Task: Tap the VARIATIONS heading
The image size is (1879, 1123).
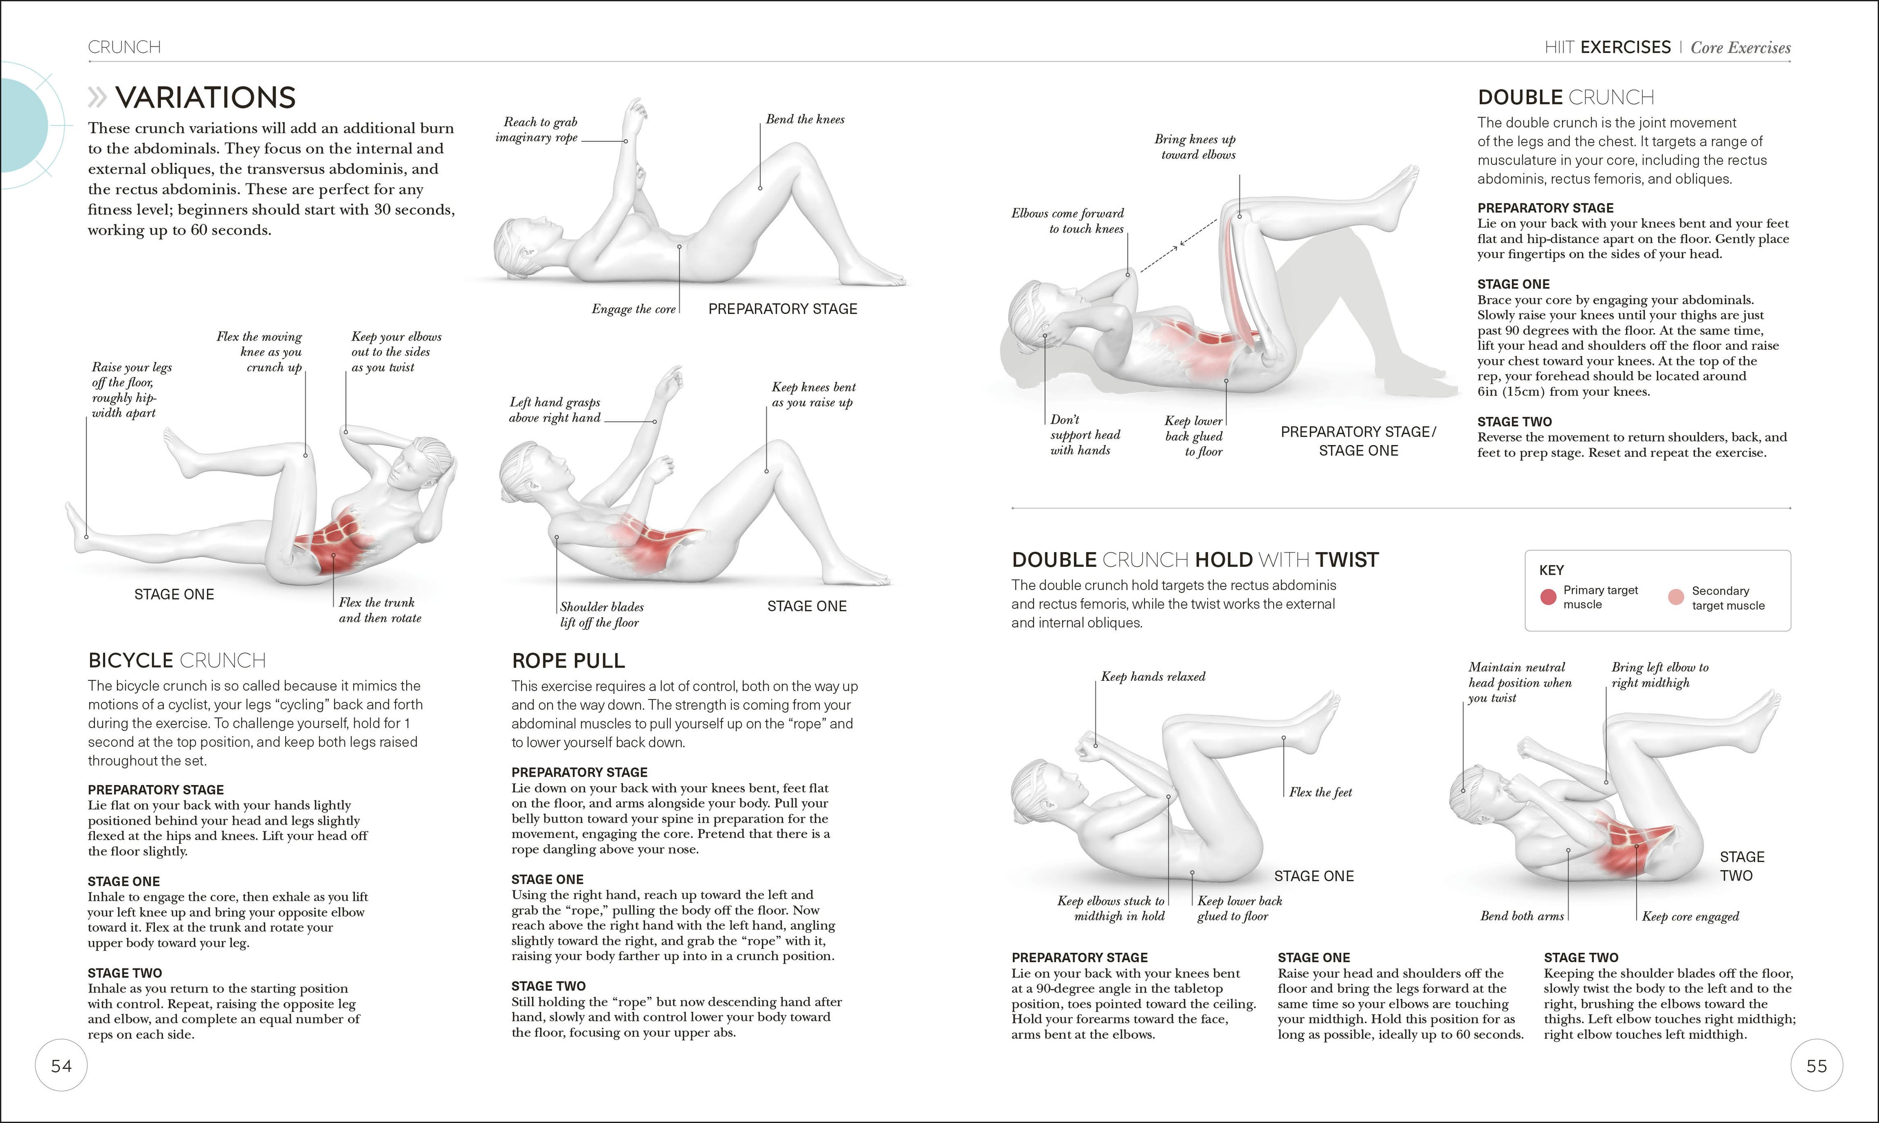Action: tap(205, 98)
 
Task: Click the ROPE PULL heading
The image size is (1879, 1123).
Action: tap(568, 661)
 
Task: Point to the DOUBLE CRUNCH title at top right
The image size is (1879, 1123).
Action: tap(1565, 98)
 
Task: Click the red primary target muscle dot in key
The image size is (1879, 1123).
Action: tap(1548, 597)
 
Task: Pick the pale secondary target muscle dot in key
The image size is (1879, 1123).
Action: tap(1676, 597)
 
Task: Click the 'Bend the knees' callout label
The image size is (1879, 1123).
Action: tap(805, 119)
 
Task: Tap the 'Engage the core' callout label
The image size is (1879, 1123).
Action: tap(633, 309)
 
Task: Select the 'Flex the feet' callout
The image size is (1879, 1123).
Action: tap(1320, 792)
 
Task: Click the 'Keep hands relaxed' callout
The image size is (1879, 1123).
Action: tap(1152, 676)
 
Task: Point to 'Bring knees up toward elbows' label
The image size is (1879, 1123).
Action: tap(1195, 147)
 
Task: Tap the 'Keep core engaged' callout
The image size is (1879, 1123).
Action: tap(1690, 917)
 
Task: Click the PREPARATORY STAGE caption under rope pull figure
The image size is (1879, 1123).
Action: tap(782, 309)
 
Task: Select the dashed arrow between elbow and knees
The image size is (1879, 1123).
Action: tap(1179, 245)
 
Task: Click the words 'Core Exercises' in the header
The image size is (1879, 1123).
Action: tap(1741, 47)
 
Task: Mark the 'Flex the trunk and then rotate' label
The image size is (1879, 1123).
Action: tap(379, 610)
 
